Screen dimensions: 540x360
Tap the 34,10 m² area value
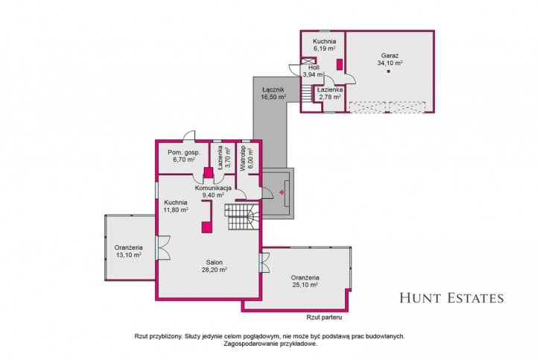click(x=390, y=63)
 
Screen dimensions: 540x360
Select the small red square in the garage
click(x=389, y=72)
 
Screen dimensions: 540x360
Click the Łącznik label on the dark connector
click(x=273, y=90)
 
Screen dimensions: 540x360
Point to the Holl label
click(x=314, y=68)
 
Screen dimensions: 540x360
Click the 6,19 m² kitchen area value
click(x=325, y=49)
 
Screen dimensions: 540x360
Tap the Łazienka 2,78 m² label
click(x=330, y=93)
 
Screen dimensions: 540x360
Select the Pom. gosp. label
click(x=183, y=152)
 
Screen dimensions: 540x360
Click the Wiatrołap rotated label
click(x=243, y=158)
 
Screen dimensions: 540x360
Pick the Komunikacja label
click(x=213, y=188)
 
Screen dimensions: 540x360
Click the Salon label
click(x=215, y=262)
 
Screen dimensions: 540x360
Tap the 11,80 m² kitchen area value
click(x=176, y=209)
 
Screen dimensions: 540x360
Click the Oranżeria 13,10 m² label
click(x=128, y=251)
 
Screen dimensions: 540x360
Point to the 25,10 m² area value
click(x=305, y=285)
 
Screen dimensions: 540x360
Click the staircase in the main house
click(x=242, y=217)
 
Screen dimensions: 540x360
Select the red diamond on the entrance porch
click(x=282, y=192)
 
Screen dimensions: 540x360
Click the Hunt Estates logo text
click(x=451, y=298)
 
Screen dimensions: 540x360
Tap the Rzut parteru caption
click(x=324, y=318)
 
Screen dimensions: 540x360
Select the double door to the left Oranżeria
click(x=162, y=247)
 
